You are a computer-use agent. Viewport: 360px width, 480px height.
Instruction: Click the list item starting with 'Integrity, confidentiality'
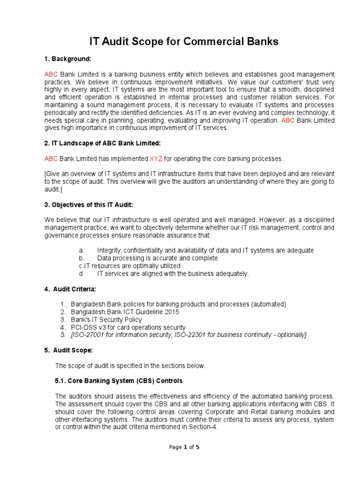coord(205,250)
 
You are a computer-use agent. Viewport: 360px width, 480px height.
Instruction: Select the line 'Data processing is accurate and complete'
coord(157,258)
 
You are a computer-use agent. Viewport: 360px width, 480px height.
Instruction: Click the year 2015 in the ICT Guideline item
coord(171,312)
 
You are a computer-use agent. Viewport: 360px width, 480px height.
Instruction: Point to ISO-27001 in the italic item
coord(88,335)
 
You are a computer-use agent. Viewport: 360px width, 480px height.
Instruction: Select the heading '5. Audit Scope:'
coord(69,350)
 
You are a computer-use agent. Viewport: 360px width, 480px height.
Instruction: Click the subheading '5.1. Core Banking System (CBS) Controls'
coord(119,381)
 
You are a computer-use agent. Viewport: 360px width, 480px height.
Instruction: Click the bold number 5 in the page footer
coord(197,447)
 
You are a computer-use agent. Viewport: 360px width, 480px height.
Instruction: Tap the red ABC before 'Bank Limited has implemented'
coord(51,159)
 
